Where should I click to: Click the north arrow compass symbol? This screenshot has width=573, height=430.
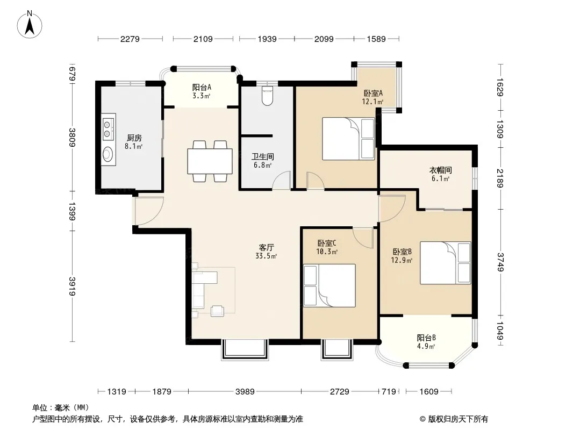coord(30,25)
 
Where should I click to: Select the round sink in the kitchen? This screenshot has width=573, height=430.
coord(107,154)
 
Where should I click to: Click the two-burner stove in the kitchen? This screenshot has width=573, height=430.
coord(108,128)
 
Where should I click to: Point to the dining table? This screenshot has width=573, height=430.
coord(210,161)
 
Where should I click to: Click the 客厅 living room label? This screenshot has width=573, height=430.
coord(266,247)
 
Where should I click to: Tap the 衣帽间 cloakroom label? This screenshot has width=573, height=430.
coord(440,170)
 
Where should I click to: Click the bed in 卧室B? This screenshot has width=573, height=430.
coord(446,263)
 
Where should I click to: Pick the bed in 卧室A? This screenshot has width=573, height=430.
coord(348,139)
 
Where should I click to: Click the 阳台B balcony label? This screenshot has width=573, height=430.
coord(426,338)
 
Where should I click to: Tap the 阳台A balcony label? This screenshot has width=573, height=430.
coord(202,87)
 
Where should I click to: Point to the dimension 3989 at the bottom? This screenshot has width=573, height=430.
coord(245,392)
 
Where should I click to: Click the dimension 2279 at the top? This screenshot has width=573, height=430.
coord(130,39)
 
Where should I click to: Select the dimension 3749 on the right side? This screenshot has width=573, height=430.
coord(500,262)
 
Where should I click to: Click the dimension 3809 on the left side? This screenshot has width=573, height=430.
coord(73,138)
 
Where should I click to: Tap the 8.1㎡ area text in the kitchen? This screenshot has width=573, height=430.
coord(133,147)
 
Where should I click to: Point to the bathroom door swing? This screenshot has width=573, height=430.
coord(281,180)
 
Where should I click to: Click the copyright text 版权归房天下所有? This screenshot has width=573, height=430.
coord(458,419)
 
